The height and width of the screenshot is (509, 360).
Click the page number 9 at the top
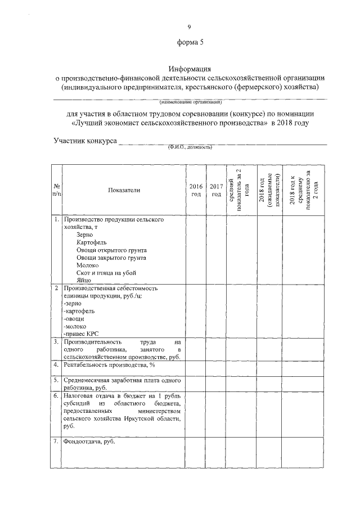pos(189,26)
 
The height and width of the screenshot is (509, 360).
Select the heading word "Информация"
pos(189,69)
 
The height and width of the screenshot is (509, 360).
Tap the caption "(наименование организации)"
pos(190,102)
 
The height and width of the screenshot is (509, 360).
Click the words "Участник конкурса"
pos(85,140)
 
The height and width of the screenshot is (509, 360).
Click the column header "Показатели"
pos(124,190)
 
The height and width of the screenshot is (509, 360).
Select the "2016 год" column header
pos(195,190)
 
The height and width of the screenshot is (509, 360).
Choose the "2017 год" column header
pos(216,190)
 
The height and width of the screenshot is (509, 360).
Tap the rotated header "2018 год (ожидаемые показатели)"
pos(269,190)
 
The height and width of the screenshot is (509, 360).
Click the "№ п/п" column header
pos(57,190)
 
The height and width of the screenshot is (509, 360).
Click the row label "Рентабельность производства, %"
pos(109,365)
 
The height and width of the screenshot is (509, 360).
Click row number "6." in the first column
pos(56,396)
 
